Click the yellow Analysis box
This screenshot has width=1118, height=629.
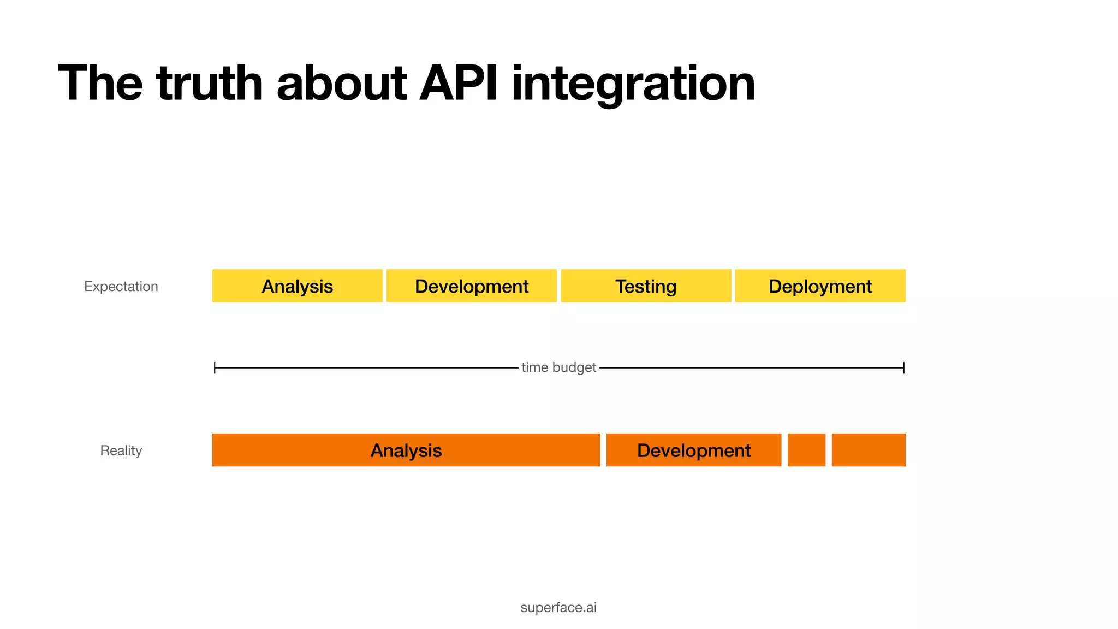point(297,286)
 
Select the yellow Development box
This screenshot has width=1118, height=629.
point(471,286)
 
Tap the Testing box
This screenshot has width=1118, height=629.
point(646,286)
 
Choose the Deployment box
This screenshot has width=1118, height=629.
point(820,286)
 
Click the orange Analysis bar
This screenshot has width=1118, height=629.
point(406,450)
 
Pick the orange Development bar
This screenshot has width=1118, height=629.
point(693,450)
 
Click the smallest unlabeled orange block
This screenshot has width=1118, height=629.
point(806,450)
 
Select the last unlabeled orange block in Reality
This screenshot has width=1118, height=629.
point(868,450)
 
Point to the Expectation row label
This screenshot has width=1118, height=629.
point(121,286)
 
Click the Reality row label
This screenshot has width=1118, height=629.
point(121,450)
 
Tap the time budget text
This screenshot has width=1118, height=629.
point(558,367)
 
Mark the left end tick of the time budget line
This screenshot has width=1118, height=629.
point(215,367)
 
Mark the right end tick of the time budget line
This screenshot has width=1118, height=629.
point(903,367)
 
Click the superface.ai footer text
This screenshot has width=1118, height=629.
point(558,607)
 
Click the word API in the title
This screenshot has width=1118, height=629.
point(458,83)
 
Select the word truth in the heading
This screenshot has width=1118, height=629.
point(210,83)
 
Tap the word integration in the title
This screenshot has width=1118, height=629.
point(633,83)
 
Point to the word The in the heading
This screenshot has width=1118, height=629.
point(100,83)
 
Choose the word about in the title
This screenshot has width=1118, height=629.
point(342,83)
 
